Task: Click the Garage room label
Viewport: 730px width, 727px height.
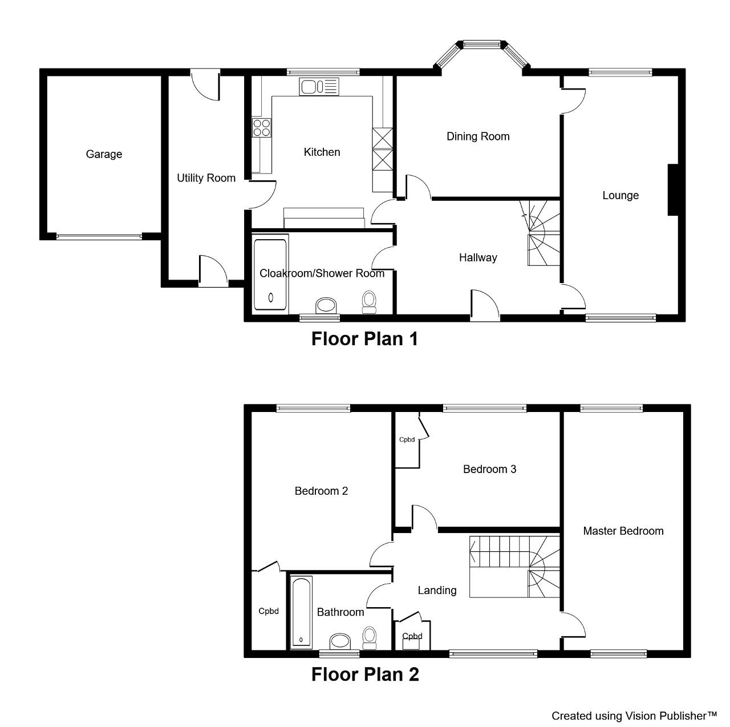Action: click(x=104, y=154)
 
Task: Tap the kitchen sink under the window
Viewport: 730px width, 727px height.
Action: click(x=319, y=87)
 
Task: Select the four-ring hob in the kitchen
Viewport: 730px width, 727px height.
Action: click(x=262, y=127)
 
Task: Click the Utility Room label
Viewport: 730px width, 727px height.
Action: click(x=206, y=178)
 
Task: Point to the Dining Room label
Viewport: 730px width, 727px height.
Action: click(x=478, y=136)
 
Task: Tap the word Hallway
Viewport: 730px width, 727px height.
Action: click(x=478, y=258)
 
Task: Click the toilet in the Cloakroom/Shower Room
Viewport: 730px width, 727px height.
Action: click(x=369, y=302)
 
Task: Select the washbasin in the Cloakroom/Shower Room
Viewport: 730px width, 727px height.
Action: click(x=326, y=305)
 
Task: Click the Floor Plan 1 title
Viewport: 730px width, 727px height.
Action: click(x=364, y=339)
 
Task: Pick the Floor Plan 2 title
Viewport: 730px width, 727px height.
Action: click(x=365, y=675)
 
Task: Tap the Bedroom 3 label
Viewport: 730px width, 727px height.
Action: click(x=489, y=469)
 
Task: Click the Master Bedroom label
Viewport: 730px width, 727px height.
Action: click(x=623, y=531)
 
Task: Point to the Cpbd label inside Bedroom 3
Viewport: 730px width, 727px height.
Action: click(x=407, y=440)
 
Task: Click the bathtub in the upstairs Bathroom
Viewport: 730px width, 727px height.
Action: click(x=301, y=613)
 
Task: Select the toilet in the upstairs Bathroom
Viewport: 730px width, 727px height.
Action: click(x=369, y=639)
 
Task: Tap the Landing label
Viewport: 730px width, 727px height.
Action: click(x=437, y=591)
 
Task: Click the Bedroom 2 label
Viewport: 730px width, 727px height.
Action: click(x=321, y=491)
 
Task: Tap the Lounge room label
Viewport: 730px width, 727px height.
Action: click(x=620, y=196)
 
